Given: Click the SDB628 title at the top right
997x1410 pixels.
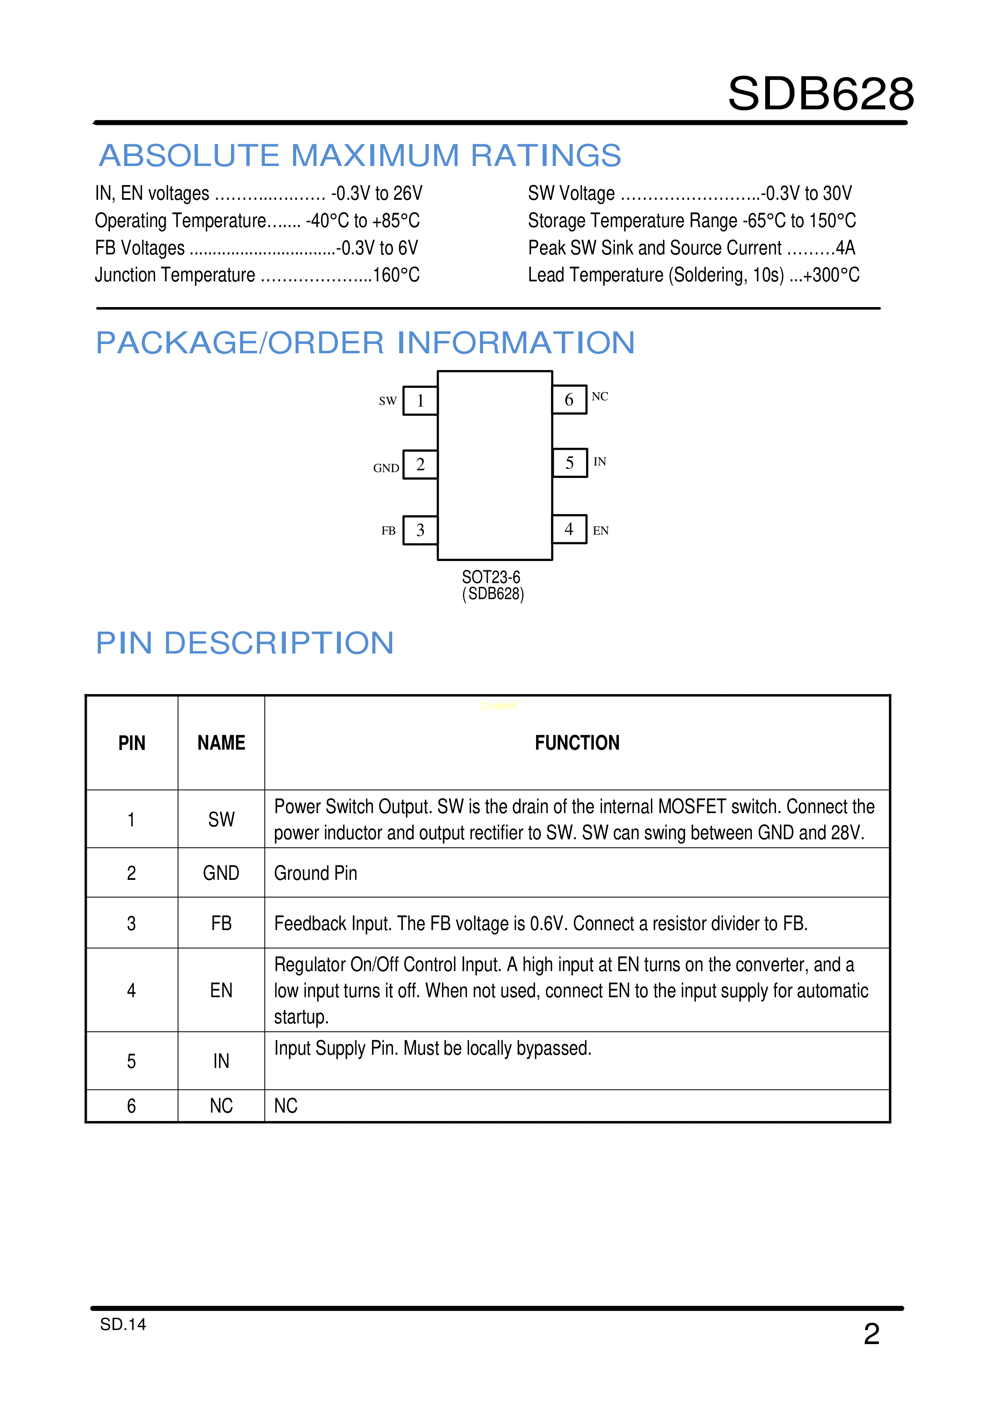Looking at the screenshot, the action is coord(821,94).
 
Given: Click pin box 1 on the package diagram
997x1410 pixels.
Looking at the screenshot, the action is coord(420,400).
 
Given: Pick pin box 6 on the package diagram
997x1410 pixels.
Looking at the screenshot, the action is coord(569,399).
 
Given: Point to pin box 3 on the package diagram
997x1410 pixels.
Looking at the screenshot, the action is coord(420,530).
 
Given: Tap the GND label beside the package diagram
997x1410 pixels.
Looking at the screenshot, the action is coord(386,468).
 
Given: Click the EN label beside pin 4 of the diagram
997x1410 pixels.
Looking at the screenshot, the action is coord(600,531).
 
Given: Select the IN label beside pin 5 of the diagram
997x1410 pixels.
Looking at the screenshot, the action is coord(600,461).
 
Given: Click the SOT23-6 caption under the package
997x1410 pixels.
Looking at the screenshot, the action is coord(491,577).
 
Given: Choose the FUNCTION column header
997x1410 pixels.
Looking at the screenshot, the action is coord(577,743).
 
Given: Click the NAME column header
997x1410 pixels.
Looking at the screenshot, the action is coord(221,743).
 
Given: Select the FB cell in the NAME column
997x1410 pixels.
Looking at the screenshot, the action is coord(221,923).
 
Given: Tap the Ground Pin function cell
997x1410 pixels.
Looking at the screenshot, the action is coord(315,873).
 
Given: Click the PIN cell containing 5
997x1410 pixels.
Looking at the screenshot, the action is coord(131,1061).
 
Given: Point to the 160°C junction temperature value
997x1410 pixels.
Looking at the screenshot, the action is coord(396,275).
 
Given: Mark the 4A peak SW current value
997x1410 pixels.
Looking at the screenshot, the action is coord(846,248).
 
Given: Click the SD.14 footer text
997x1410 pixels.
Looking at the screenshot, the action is coord(123,1325).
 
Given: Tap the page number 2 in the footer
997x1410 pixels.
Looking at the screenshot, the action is coord(872,1334).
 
